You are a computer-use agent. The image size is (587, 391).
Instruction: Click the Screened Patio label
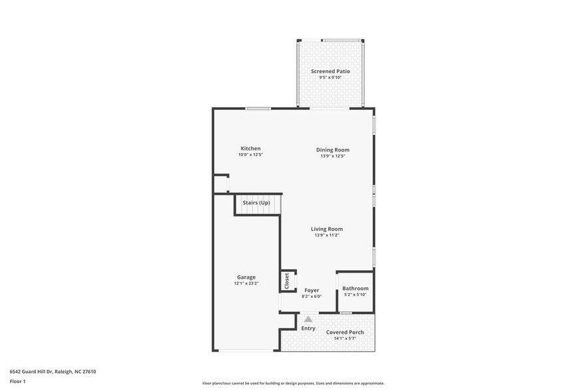pyautogui.click(x=330, y=71)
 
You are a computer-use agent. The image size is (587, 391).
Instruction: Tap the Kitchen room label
pyautogui.click(x=251, y=148)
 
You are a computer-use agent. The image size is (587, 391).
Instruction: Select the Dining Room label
pyautogui.click(x=333, y=150)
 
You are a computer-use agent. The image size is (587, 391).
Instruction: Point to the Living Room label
pyautogui.click(x=327, y=229)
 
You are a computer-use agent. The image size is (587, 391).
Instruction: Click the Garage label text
pyautogui.click(x=246, y=277)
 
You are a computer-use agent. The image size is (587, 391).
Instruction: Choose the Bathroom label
pyautogui.click(x=355, y=289)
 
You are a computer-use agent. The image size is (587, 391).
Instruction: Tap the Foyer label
pyautogui.click(x=312, y=290)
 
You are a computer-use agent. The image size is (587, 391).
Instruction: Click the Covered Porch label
pyautogui.click(x=345, y=332)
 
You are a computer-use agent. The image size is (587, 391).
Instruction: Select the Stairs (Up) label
pyautogui.click(x=256, y=202)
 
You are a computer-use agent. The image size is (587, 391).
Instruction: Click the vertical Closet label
pyautogui.click(x=287, y=281)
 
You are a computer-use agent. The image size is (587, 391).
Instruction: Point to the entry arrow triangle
pyautogui.click(x=308, y=320)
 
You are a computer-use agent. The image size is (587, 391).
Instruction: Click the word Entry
pyautogui.click(x=308, y=328)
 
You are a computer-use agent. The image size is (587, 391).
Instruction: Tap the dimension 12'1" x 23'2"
pyautogui.click(x=246, y=284)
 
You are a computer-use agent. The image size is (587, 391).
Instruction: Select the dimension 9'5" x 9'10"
pyautogui.click(x=330, y=78)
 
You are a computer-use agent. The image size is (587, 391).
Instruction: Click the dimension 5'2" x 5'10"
pyautogui.click(x=355, y=295)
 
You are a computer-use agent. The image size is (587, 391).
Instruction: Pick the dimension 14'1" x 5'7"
pyautogui.click(x=345, y=338)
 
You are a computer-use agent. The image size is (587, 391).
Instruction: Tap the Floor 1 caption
pyautogui.click(x=17, y=381)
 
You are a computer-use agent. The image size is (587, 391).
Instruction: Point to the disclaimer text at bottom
pyautogui.click(x=293, y=383)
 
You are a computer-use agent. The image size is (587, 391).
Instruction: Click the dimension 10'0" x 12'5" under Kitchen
pyautogui.click(x=251, y=155)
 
